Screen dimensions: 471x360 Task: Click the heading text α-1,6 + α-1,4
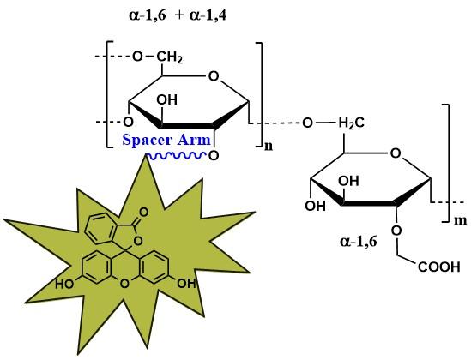click(178, 15)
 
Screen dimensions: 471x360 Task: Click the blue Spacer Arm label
click(166, 140)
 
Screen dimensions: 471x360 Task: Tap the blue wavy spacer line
click(176, 155)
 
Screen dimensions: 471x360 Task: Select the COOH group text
click(439, 267)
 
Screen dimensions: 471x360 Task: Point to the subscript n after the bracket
click(269, 147)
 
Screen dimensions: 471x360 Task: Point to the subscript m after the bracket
click(460, 220)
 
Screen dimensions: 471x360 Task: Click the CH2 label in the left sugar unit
click(169, 57)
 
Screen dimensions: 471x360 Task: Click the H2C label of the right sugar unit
click(352, 123)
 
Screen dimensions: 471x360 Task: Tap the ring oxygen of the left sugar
click(214, 76)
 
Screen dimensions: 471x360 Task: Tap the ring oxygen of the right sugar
click(396, 153)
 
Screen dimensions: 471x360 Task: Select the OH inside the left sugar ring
click(166, 99)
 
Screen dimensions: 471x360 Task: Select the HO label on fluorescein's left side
click(64, 284)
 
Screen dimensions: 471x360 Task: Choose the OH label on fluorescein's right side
click(186, 283)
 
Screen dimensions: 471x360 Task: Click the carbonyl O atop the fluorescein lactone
click(144, 213)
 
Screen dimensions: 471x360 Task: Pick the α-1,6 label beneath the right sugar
click(359, 241)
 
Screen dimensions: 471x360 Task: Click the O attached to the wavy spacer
click(214, 156)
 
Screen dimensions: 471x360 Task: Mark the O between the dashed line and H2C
click(307, 123)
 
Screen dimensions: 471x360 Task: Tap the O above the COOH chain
click(396, 231)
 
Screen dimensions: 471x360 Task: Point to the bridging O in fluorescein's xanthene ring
click(124, 284)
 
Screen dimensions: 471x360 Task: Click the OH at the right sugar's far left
click(315, 206)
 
